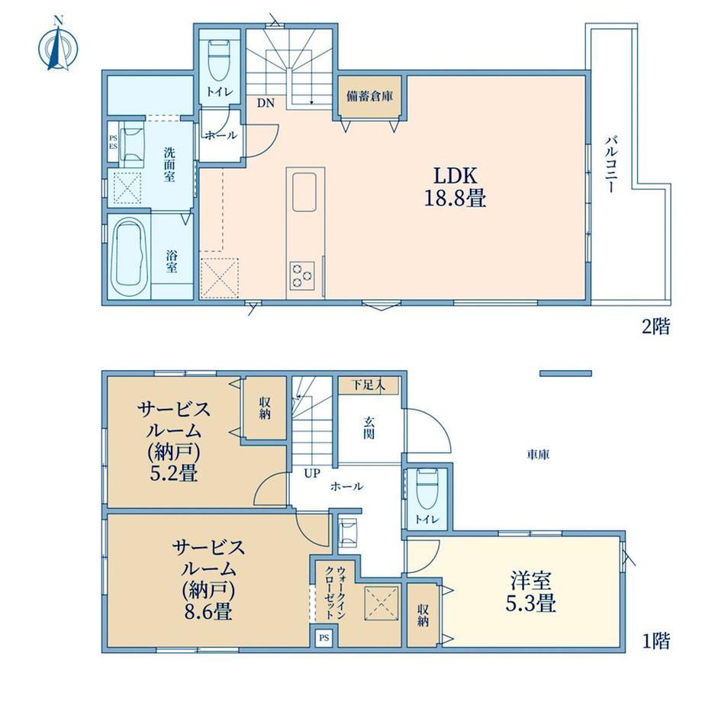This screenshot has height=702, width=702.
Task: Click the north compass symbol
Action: pyautogui.click(x=58, y=44)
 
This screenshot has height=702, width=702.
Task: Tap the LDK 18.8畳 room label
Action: pyautogui.click(x=455, y=187)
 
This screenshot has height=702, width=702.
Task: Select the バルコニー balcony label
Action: pyautogui.click(x=611, y=164)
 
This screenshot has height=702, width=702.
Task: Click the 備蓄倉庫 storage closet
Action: pyautogui.click(x=369, y=97)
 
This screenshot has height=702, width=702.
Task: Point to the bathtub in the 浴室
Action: pyautogui.click(x=130, y=257)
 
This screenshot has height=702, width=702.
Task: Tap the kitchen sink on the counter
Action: pyautogui.click(x=304, y=192)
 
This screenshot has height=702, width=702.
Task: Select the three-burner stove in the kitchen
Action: pyautogui.click(x=301, y=275)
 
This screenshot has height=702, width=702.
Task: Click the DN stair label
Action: pyautogui.click(x=266, y=103)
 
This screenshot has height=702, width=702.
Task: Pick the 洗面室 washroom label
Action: pyautogui.click(x=169, y=164)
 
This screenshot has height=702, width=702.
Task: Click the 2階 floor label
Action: pyautogui.click(x=656, y=327)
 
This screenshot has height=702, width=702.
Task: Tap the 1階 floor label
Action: pyautogui.click(x=656, y=642)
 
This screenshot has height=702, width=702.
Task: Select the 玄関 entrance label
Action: pyautogui.click(x=369, y=427)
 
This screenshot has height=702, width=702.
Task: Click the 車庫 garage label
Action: pyautogui.click(x=538, y=456)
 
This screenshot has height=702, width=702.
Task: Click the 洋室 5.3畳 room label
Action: pyautogui.click(x=531, y=592)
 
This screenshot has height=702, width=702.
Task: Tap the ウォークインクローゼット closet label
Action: pyautogui.click(x=335, y=593)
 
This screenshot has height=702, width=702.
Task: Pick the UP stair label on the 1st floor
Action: pyautogui.click(x=312, y=473)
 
